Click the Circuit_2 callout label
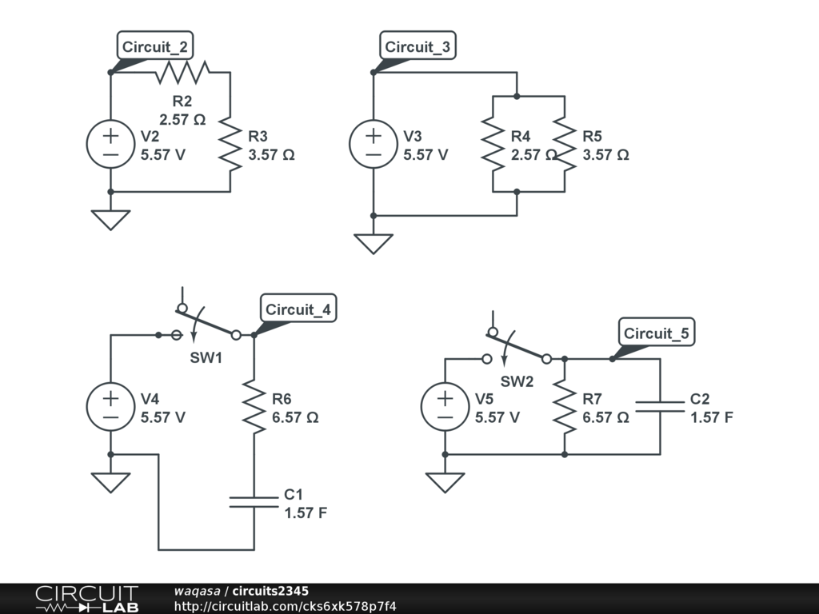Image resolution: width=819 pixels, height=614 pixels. tap(156, 46)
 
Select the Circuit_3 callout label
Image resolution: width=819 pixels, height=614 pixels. tap(417, 46)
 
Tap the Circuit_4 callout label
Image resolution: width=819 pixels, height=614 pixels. tap(298, 309)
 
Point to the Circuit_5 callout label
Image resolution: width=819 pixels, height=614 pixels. tap(657, 333)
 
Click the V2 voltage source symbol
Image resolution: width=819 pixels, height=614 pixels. tap(110, 144)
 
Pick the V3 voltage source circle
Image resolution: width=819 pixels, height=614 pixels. tap(374, 144)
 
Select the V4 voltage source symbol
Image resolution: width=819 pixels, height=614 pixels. tap(110, 406)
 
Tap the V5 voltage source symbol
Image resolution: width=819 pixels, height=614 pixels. tap(445, 406)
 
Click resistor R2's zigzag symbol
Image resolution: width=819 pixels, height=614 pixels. tap(182, 73)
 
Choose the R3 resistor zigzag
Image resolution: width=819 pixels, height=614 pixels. tap(230, 144)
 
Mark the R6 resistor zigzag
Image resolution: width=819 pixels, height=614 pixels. tap(254, 407)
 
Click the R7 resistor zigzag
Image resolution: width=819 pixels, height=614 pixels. tap(565, 407)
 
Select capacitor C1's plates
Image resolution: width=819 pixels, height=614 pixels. tap(254, 502)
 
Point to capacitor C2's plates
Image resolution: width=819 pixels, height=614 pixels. tap(661, 407)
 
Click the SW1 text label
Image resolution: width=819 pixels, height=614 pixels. tap(206, 357)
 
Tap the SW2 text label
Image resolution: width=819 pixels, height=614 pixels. tap(517, 381)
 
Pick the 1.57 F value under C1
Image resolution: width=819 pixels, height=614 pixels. tap(306, 513)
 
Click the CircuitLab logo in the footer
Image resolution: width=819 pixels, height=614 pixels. tap(86, 599)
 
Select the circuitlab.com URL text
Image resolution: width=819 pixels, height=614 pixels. tap(285, 606)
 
